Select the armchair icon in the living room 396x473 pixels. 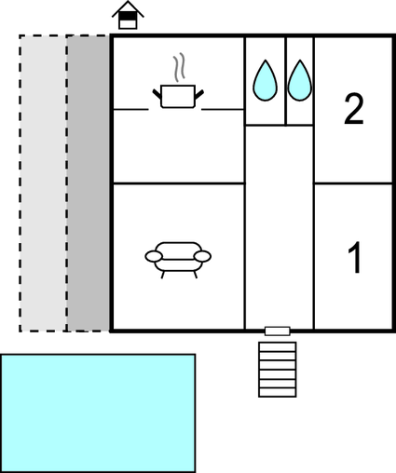click(178, 256)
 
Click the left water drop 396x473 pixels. click(265, 81)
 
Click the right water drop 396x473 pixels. click(299, 81)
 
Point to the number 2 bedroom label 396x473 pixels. click(353, 109)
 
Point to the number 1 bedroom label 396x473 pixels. click(354, 258)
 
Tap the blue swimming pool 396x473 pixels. click(98, 412)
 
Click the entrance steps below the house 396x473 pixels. click(277, 369)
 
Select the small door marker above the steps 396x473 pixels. click(277, 331)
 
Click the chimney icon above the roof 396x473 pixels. click(129, 16)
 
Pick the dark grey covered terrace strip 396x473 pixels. click(89, 183)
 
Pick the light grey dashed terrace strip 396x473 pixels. click(43, 183)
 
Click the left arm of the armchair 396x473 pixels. click(153, 256)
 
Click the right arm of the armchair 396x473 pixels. click(203, 256)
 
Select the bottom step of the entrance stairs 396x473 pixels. click(277, 391)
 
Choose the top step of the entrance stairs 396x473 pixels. click(277, 346)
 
